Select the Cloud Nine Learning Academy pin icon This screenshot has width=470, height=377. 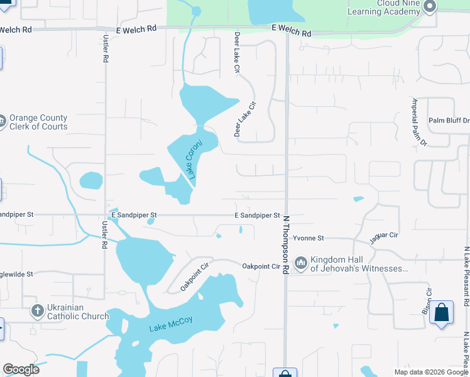(430, 7)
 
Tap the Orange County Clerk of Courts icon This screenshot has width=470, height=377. (2, 121)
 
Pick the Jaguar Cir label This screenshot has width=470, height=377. (385, 236)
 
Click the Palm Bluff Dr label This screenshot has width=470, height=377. (449, 121)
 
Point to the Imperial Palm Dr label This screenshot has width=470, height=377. (418, 122)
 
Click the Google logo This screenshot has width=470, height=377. (21, 369)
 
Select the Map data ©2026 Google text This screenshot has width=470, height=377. (431, 372)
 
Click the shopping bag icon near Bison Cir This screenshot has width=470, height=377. (441, 312)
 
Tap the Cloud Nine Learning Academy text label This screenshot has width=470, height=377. (389, 7)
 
